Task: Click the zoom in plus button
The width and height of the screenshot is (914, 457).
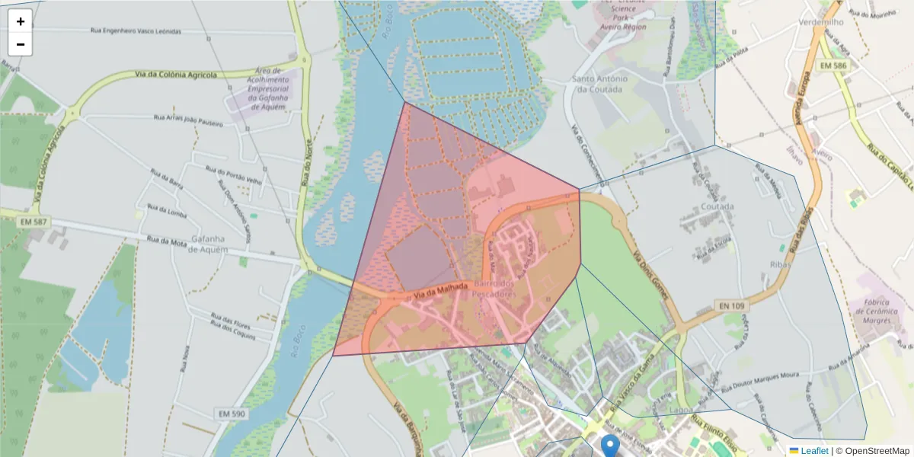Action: (x=21, y=21)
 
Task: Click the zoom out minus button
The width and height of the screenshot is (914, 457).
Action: (x=21, y=44)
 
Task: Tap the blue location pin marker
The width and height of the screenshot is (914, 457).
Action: (x=610, y=445)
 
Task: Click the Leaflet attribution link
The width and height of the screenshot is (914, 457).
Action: (x=813, y=451)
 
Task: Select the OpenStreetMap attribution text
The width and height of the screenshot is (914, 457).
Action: (x=877, y=451)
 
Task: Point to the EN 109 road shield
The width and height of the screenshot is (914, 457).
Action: (x=731, y=305)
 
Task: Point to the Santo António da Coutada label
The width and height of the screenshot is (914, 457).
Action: (x=599, y=84)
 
